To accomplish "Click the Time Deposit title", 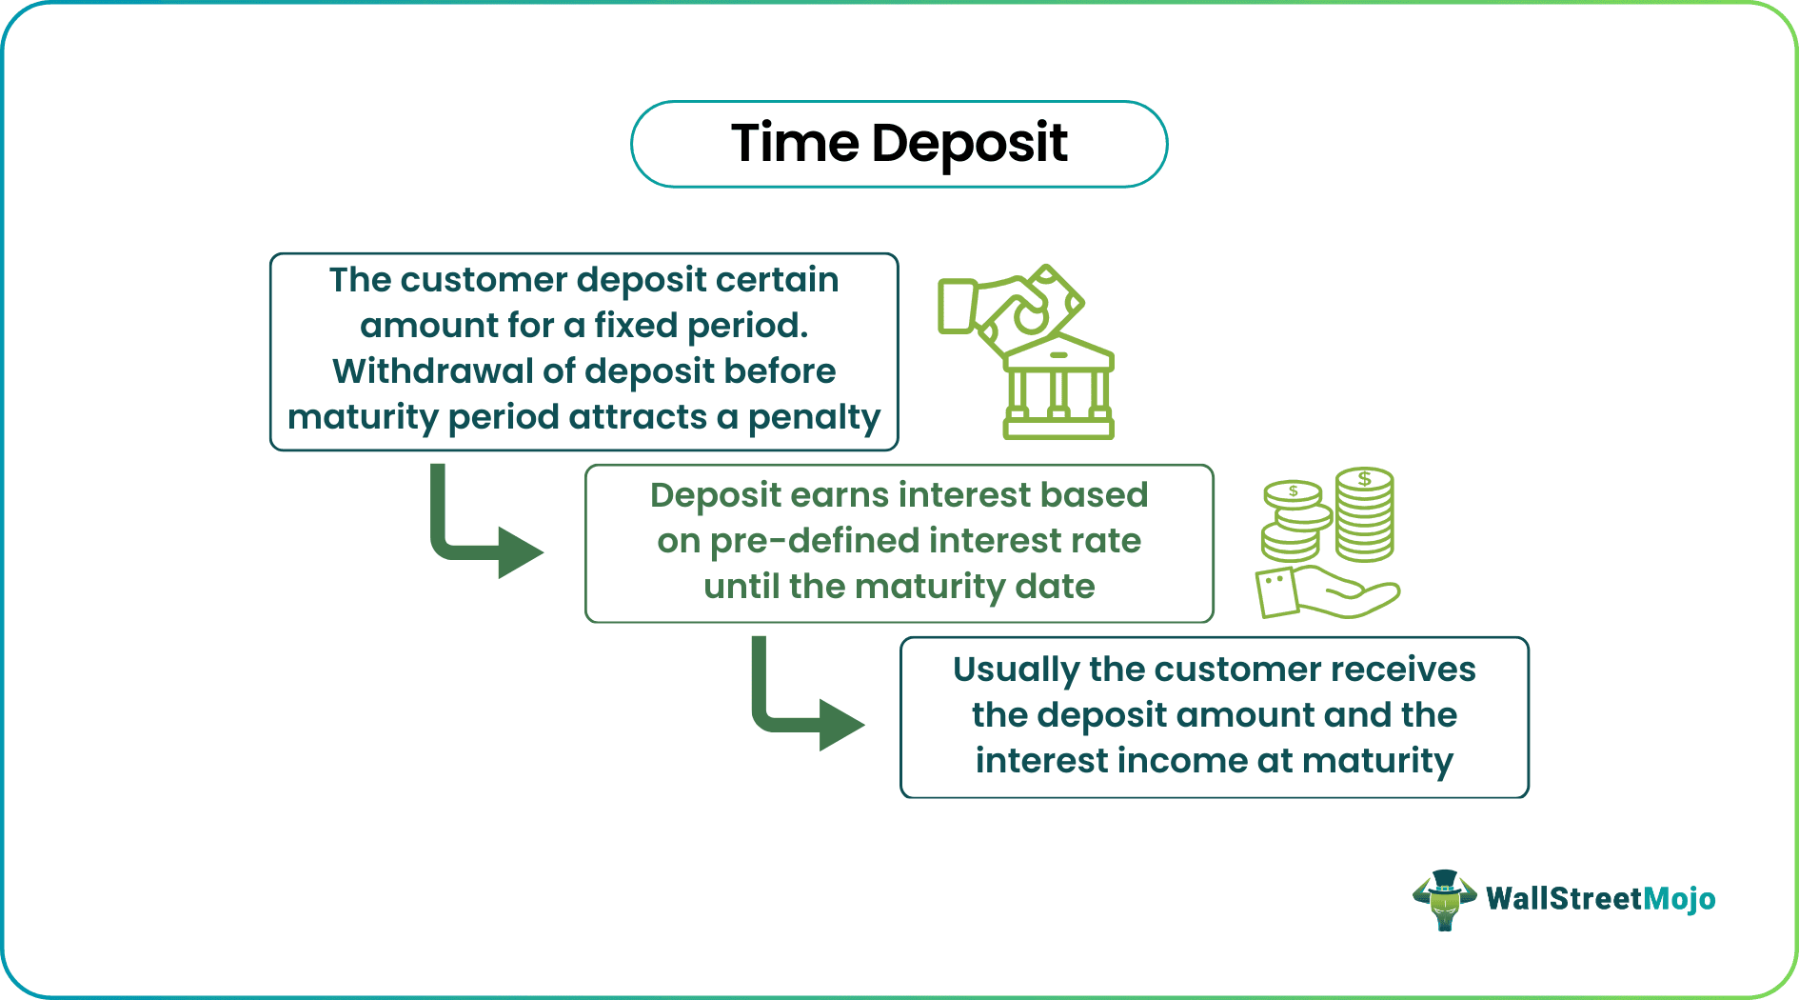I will (899, 144).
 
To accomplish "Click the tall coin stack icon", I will (1364, 515).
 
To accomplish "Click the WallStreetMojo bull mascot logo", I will (1444, 899).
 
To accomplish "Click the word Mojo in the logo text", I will (1679, 898).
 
